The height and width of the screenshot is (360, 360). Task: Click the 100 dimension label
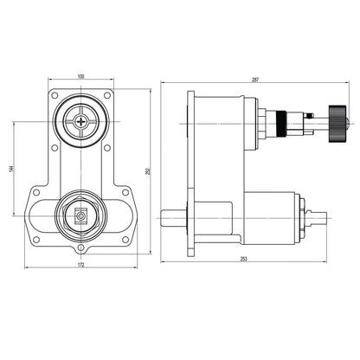click(82, 77)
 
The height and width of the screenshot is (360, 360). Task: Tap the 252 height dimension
click(149, 171)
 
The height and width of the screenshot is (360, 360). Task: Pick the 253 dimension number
click(245, 259)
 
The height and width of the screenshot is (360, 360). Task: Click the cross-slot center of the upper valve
click(82, 122)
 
